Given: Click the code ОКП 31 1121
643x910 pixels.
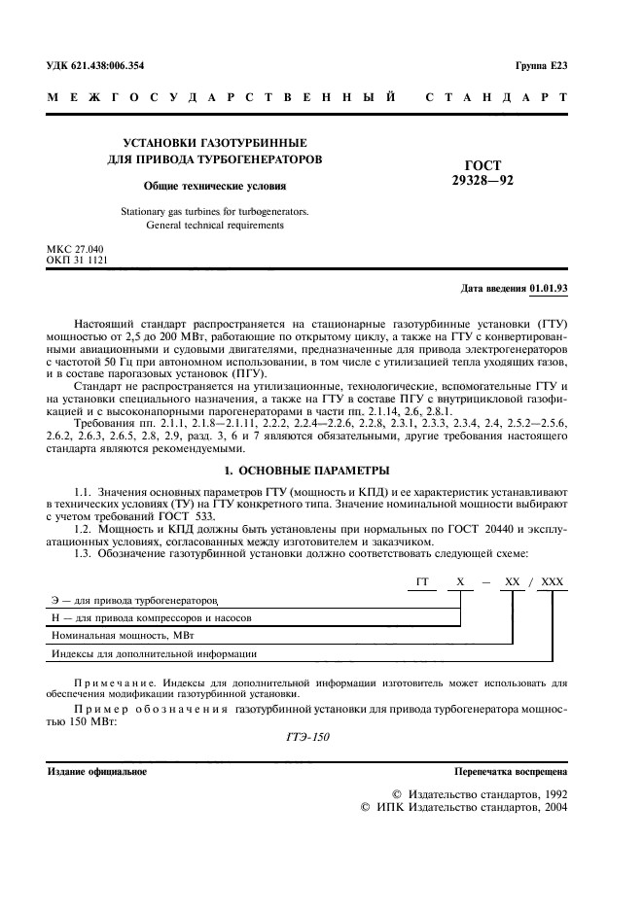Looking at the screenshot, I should pos(77,261).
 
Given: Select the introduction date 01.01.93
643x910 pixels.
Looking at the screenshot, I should pos(549,289).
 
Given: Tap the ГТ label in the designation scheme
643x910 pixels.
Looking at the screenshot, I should pos(422,580).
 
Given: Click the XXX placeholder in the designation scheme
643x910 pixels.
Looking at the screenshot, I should pos(552,580).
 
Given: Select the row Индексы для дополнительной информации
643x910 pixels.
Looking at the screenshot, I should pos(153,654).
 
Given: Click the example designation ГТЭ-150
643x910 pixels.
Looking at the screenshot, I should pos(309,736).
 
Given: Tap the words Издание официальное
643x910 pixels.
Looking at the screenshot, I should pos(97,771).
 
